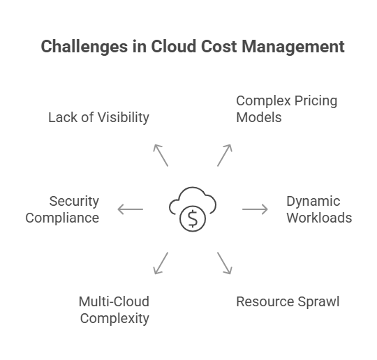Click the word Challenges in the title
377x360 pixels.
pyautogui.click(x=84, y=46)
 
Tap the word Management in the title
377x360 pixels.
pyautogui.click(x=293, y=46)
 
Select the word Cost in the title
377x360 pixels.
pyautogui.click(x=219, y=46)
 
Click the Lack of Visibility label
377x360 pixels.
pyautogui.click(x=98, y=117)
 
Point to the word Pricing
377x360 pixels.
pyautogui.click(x=316, y=101)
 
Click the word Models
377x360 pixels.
pyautogui.click(x=259, y=117)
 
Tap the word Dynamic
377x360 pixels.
pyautogui.click(x=313, y=202)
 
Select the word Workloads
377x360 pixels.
pyautogui.click(x=319, y=218)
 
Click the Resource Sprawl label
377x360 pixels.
pyautogui.click(x=288, y=302)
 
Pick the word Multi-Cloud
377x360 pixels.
pyautogui.click(x=114, y=301)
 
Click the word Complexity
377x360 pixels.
pyautogui.click(x=114, y=319)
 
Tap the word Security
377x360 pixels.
pyautogui.click(x=74, y=202)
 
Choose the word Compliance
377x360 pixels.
pyautogui.click(x=62, y=218)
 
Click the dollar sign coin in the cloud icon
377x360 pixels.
pyautogui.click(x=193, y=218)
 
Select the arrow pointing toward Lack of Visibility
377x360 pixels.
pyautogui.click(x=161, y=156)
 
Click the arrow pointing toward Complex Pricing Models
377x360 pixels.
pyautogui.click(x=225, y=156)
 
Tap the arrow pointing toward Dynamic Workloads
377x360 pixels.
pyautogui.click(x=255, y=209)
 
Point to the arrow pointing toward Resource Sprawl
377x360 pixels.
pyautogui.click(x=225, y=263)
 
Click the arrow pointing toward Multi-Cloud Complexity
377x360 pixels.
pyautogui.click(x=161, y=263)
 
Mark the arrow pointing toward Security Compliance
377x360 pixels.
pyautogui.click(x=130, y=209)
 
